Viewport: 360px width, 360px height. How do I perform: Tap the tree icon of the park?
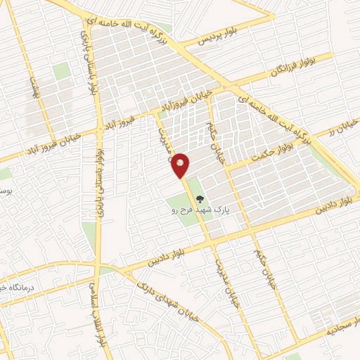point(199,200)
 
